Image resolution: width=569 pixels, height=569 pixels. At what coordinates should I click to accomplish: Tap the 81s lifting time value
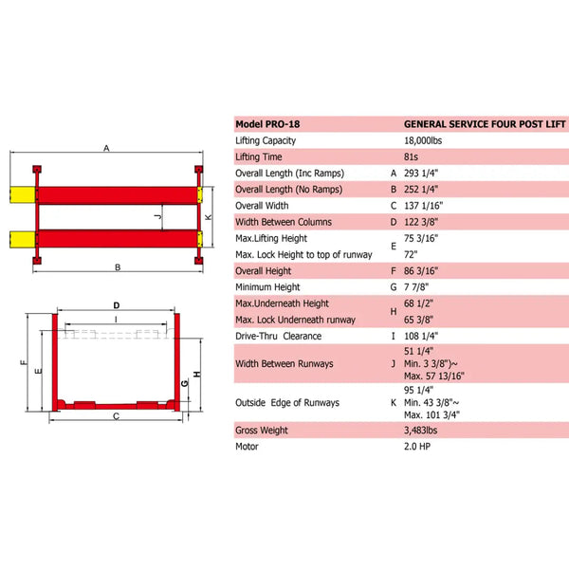[x=413, y=156]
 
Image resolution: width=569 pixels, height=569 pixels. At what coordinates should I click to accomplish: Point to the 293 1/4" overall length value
[x=424, y=173]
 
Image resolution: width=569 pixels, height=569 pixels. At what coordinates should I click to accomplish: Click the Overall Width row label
[x=263, y=205]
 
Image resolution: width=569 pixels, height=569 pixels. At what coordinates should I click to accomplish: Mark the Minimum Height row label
[x=267, y=286]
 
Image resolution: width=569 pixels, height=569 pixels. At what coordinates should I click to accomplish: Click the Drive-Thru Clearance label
[x=278, y=336]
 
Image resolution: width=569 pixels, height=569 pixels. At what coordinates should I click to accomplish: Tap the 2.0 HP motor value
[x=418, y=447]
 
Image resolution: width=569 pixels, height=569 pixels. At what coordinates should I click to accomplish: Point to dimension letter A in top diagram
[x=107, y=148]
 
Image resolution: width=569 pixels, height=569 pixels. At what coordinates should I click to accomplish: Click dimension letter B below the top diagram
[x=118, y=268]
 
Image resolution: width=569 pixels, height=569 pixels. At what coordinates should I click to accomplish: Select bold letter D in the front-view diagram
[x=117, y=305]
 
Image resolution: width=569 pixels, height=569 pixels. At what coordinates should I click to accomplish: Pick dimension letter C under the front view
[x=115, y=415]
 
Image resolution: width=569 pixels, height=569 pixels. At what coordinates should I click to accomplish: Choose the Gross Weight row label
[x=262, y=431]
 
